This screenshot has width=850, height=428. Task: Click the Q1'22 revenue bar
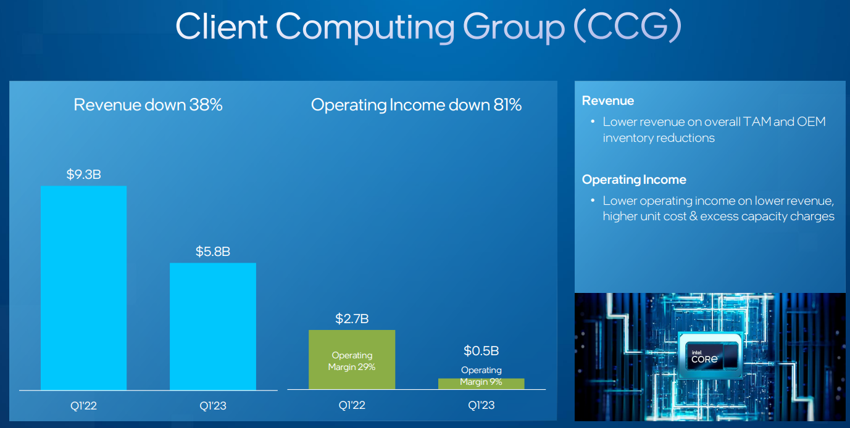tap(83, 287)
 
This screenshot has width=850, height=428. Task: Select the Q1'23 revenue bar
tap(212, 326)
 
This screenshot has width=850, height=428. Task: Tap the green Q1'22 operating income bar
tap(352, 360)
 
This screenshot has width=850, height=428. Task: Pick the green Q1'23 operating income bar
tap(481, 384)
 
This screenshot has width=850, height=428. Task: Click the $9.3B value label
tap(83, 175)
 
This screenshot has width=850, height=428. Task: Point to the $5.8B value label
tap(212, 252)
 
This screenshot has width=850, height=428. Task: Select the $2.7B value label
tap(352, 319)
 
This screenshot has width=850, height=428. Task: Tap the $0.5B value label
tap(481, 351)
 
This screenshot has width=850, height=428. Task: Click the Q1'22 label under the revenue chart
tap(83, 406)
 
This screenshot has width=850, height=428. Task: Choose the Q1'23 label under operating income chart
tap(481, 406)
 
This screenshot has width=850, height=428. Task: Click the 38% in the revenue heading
tap(206, 105)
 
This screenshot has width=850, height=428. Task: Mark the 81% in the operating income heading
tap(506, 105)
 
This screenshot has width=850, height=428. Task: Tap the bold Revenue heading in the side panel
tap(607, 101)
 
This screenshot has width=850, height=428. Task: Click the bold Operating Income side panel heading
tap(633, 179)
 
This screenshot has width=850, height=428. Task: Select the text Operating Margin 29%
tap(352, 361)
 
